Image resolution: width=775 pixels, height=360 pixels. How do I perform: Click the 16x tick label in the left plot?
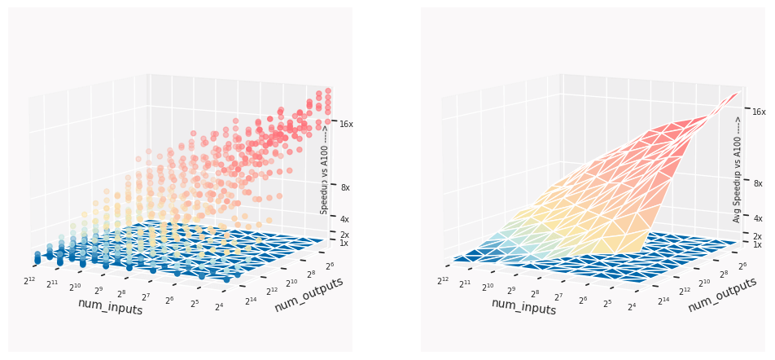pyautogui.click(x=346, y=124)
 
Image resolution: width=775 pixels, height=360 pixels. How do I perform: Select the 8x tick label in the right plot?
pyautogui.click(x=758, y=184)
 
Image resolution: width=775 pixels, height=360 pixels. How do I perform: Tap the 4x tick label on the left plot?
pyautogui.click(x=344, y=219)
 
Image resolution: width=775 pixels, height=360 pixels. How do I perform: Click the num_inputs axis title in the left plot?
pyautogui.click(x=110, y=307)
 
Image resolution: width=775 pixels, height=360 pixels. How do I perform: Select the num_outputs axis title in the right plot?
pyautogui.click(x=721, y=293)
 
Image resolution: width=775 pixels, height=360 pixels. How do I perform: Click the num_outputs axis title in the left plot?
pyautogui.click(x=308, y=293)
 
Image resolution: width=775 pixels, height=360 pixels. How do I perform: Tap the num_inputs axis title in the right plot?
pyautogui.click(x=523, y=306)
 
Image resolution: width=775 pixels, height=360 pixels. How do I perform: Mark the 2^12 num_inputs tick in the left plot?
pyautogui.click(x=30, y=281)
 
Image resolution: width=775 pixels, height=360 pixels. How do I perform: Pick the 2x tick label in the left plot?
pyautogui.click(x=344, y=235)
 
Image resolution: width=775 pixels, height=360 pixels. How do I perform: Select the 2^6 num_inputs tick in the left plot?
pyautogui.click(x=170, y=301)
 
